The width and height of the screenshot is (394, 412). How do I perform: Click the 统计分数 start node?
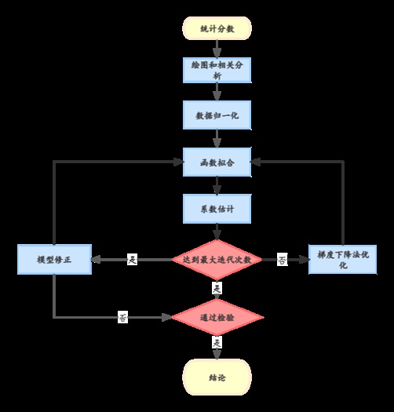pyautogui.click(x=217, y=28)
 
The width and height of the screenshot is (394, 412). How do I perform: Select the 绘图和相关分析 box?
pyautogui.click(x=217, y=71)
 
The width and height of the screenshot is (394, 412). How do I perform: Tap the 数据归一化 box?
pyautogui.click(x=217, y=115)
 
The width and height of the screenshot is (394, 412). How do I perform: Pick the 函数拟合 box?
pyautogui.click(x=217, y=162)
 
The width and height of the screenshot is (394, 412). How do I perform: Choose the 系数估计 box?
pyautogui.click(x=217, y=209)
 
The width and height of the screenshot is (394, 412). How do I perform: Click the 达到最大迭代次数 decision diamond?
pyautogui.click(x=217, y=259)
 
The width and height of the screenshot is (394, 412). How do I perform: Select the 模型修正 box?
pyautogui.click(x=54, y=260)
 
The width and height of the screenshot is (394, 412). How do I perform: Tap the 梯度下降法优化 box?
pyautogui.click(x=344, y=258)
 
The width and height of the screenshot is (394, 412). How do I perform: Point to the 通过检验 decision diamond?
pyautogui.click(x=217, y=317)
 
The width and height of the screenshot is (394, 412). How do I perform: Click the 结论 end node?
pyautogui.click(x=217, y=377)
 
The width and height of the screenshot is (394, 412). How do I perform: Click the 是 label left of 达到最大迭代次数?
pyautogui.click(x=132, y=260)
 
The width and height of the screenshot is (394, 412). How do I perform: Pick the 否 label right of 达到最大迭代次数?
pyautogui.click(x=282, y=260)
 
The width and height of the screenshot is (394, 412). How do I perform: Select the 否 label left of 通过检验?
pyautogui.click(x=123, y=318)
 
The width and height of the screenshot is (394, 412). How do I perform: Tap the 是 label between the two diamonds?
pyautogui.click(x=217, y=288)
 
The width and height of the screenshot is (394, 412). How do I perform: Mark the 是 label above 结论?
pyautogui.click(x=217, y=344)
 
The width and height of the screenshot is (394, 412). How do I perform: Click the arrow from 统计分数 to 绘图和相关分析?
pyautogui.click(x=217, y=49)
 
